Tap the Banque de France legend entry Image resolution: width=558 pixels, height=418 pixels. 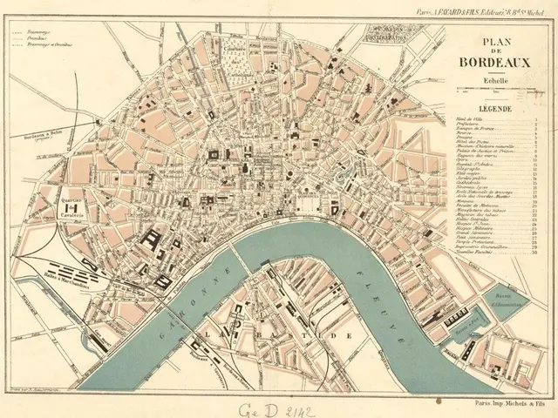pos(475,135)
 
